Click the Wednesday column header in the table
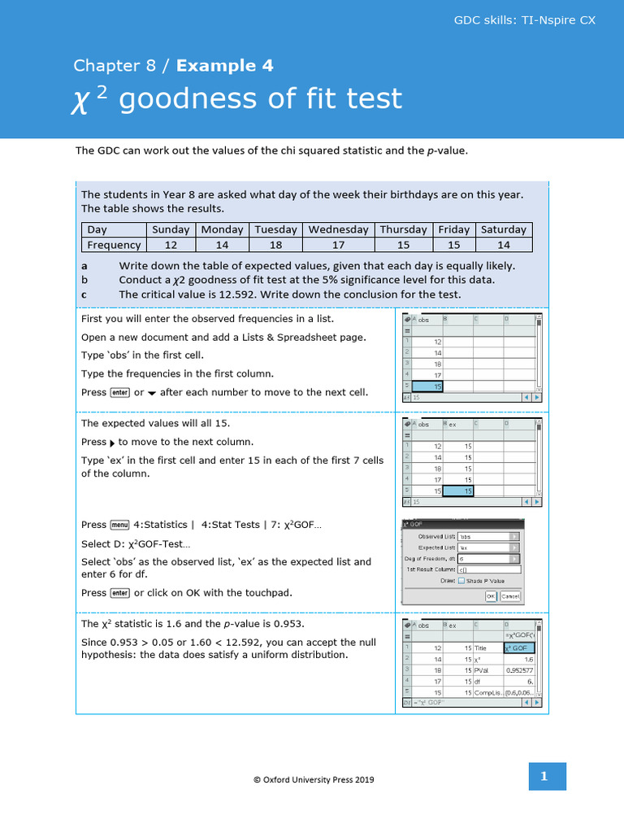pos(338,229)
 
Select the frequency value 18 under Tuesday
pos(275,245)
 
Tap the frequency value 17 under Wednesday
pos(338,245)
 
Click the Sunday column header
pos(171,229)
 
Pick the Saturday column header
pos(504,229)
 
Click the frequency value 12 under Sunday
pos(171,245)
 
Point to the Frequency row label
pos(114,245)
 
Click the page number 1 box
pos(544,777)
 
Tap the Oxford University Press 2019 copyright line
pos(314,779)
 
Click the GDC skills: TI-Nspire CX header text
pos(524,20)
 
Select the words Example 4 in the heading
pos(225,66)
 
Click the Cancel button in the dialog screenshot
pos(510,596)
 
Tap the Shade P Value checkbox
pos(461,581)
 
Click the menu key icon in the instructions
pos(120,525)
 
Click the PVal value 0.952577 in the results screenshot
pos(520,670)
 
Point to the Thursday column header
pos(403,229)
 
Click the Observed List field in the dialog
pos(487,536)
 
